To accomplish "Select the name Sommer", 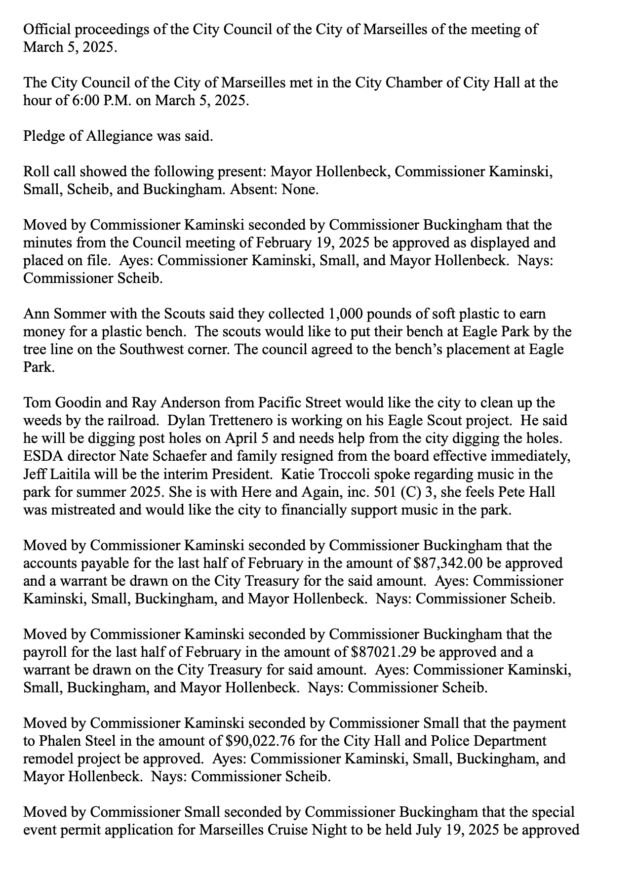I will coord(77,314).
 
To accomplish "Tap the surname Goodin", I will coord(77,402).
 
